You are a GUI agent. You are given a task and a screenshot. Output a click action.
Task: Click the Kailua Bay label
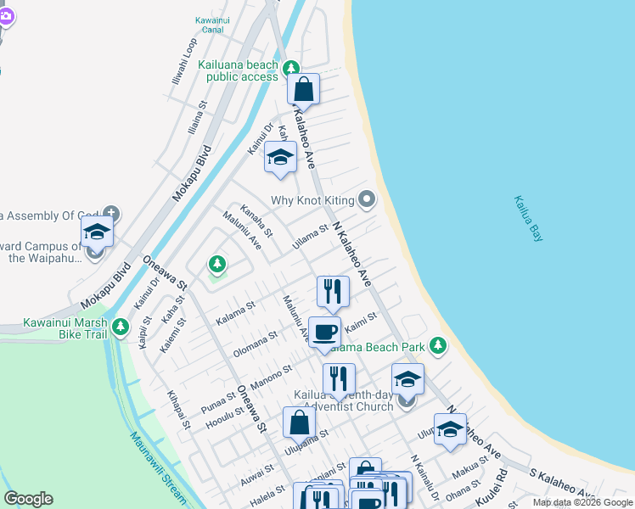(527, 220)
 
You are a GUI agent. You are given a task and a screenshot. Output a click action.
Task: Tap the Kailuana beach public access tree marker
(291, 67)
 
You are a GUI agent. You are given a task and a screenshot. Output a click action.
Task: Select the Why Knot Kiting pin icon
(367, 200)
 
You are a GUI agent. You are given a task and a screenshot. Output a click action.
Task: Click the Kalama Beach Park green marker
(438, 345)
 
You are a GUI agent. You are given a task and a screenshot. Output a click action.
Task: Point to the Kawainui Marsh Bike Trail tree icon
(121, 326)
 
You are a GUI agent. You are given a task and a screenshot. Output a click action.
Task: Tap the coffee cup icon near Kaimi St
(323, 332)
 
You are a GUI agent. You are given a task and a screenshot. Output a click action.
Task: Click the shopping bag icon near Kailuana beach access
(303, 88)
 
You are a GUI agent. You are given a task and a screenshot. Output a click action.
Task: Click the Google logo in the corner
(28, 499)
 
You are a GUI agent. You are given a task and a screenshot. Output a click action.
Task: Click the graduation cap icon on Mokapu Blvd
(97, 231)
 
